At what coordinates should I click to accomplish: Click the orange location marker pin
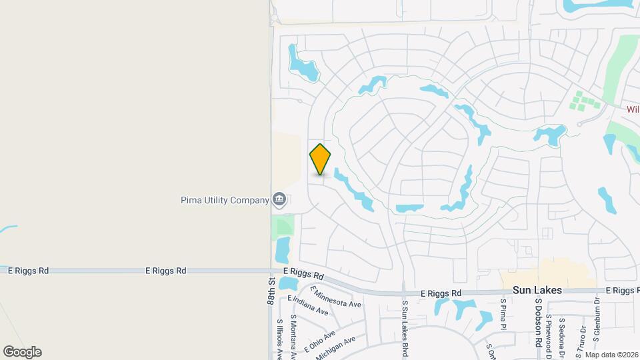[x=320, y=159]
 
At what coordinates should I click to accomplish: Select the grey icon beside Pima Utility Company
[x=279, y=199]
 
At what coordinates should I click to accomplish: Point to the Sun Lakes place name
[x=537, y=291]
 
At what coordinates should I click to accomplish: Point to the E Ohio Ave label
[x=319, y=340]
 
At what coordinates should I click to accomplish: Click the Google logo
[x=22, y=351]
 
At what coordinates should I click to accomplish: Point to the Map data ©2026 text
[x=611, y=355]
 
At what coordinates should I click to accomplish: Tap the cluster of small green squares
[x=585, y=103]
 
